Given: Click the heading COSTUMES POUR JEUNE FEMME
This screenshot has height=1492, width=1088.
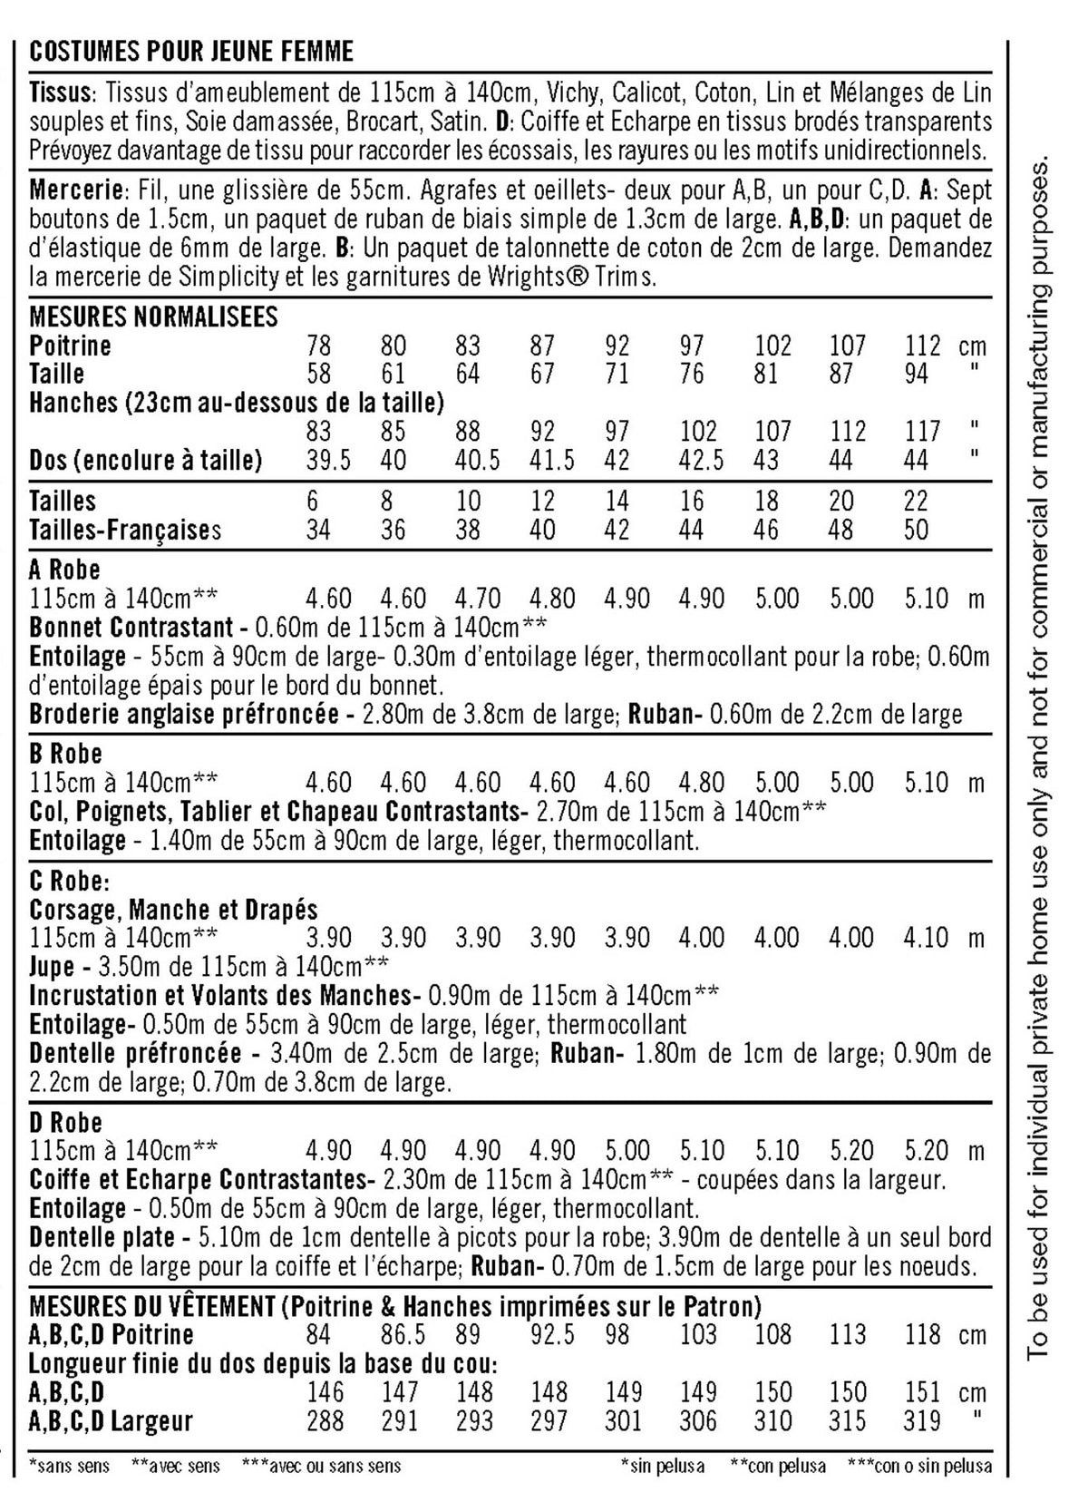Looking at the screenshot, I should tap(191, 52).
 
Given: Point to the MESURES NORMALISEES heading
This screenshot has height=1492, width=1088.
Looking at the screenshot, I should tap(153, 317).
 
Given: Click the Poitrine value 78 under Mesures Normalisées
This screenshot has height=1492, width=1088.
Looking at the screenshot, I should tap(319, 346).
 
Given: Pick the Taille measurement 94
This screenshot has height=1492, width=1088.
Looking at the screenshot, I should tap(917, 374).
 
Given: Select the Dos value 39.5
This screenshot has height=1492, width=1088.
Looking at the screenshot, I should tap(328, 461).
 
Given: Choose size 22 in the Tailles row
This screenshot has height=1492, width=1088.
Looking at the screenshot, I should tap(917, 502).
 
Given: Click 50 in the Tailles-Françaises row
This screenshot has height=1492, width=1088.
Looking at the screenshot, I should tap(917, 530).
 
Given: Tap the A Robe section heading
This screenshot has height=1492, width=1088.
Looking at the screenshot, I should tap(64, 570).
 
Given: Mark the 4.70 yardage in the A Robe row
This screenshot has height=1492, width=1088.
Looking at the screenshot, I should tap(478, 599).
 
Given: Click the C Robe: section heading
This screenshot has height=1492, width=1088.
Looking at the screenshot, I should tap(69, 882).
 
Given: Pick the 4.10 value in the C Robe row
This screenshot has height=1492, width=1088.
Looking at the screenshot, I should tap(926, 938).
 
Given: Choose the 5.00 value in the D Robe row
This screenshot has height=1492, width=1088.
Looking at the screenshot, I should tap(627, 1152).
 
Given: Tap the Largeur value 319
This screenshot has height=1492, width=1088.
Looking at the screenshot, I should tap(925, 1420).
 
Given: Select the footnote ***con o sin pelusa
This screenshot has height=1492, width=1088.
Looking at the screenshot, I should tap(918, 1466).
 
